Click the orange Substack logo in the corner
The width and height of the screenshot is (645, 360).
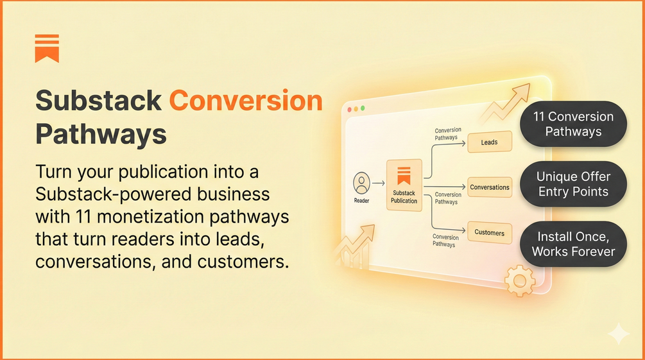coord(47,48)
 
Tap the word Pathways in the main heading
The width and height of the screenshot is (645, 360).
coord(101,135)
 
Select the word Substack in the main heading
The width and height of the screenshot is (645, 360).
coord(98,101)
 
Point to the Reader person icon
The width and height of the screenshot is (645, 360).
coord(362,183)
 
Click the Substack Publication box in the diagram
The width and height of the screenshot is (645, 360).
coord(404,185)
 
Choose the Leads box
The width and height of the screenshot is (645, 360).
coord(489,142)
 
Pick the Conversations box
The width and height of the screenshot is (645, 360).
coord(490,187)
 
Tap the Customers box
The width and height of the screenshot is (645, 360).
coord(490,232)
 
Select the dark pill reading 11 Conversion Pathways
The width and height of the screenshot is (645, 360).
coord(573,124)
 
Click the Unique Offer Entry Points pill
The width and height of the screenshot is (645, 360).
coord(573,184)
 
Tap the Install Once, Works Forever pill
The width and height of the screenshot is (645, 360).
coord(573,244)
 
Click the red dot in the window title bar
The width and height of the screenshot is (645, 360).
coord(350,110)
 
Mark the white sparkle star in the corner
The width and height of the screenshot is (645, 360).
coord(618,334)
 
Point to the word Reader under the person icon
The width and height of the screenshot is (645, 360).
coord(361,201)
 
